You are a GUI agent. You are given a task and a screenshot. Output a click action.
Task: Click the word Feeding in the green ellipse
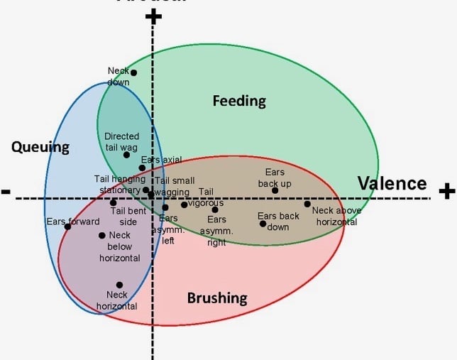pos(239,101)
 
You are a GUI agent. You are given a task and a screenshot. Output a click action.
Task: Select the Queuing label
pos(40,148)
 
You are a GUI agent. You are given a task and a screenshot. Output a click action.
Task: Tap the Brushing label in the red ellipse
pos(217,298)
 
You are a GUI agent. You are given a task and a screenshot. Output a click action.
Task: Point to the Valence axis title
pos(392,184)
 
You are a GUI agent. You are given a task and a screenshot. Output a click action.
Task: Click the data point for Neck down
pos(133,72)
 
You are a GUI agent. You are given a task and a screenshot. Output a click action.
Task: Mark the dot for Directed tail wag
pos(126,155)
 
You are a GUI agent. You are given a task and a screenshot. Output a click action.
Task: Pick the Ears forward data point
pos(68,227)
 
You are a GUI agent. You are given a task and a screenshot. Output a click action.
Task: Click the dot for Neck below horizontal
pos(102,236)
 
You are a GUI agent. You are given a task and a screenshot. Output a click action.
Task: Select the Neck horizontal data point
pos(119,285)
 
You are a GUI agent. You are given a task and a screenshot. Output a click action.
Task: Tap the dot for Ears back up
pos(275,190)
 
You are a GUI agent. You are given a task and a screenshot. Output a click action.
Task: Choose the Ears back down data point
pos(263,224)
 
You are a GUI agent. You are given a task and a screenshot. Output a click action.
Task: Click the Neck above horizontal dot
pos(307,204)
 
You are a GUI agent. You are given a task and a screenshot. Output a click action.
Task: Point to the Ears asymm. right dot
pos(215,209)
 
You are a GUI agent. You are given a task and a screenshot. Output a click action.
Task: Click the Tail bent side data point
pos(114,203)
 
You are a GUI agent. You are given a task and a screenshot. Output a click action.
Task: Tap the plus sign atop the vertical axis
pos(153,17)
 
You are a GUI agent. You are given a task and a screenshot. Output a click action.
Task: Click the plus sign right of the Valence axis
pos(446,190)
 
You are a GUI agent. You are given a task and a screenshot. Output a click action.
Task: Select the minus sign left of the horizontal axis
pos(6,192)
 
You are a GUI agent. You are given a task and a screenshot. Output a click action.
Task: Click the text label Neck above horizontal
pos(336,216)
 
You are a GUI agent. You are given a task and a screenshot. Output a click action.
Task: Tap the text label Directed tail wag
pos(121,141)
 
